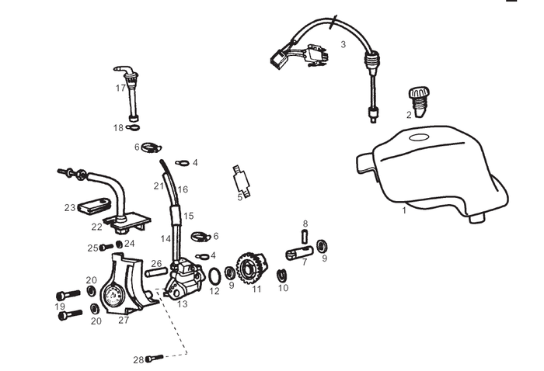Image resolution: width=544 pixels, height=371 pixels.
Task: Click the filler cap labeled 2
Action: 419,102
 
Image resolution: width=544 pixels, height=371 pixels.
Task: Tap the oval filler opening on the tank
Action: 420,138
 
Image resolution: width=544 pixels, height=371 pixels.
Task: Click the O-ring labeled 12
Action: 214,277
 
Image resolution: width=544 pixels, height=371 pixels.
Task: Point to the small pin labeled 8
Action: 305,237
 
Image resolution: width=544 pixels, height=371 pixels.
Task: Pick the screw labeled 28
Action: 155,358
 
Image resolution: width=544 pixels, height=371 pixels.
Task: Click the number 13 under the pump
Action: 182,304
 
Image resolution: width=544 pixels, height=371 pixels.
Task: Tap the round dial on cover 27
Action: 113,296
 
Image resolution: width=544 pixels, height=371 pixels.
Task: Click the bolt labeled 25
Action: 106,248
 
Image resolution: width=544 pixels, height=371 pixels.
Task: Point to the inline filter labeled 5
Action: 242,181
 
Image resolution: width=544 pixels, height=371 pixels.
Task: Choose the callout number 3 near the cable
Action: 343,44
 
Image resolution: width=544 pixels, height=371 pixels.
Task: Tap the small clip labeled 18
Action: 133,128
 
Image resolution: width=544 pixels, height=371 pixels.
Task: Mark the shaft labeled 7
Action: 299,253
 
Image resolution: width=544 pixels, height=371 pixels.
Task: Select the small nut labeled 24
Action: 119,244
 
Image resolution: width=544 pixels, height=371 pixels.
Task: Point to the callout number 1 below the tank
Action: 404,210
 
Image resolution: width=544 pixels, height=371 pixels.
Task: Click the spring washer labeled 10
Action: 281,275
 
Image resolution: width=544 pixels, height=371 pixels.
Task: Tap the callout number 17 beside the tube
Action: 120,88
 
